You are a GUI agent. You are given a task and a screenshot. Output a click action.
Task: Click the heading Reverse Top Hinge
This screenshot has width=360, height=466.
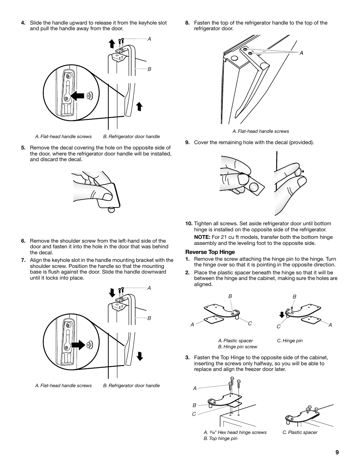(x=210, y=252)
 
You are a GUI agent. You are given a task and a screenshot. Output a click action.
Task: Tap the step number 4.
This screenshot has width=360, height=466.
(x=23, y=23)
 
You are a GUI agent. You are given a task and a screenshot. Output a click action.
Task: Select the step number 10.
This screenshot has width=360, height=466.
(x=189, y=223)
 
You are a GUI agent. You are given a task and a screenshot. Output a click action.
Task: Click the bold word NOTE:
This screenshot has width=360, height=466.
(x=202, y=237)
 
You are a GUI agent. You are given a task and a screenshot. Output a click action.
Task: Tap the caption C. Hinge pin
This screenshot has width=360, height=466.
(x=289, y=341)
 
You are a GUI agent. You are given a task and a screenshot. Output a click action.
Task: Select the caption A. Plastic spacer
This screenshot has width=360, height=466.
(x=235, y=341)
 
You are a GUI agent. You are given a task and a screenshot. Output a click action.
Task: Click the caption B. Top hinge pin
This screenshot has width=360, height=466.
(x=220, y=438)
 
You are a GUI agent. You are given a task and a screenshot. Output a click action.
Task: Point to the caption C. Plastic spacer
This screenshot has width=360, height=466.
(x=300, y=432)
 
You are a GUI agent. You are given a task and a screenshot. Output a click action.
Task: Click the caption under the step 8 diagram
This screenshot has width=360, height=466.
(x=260, y=131)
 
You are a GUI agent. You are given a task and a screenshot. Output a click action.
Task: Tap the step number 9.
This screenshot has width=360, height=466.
(x=187, y=142)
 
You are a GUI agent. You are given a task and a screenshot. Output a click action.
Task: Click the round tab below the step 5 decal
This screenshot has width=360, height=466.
(x=111, y=209)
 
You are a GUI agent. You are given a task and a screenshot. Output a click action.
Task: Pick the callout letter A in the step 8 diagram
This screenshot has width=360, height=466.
(x=302, y=53)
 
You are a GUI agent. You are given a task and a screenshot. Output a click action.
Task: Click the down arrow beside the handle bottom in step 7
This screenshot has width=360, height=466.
(x=140, y=356)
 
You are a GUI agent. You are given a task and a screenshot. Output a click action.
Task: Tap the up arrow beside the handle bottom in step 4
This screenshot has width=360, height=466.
(x=139, y=106)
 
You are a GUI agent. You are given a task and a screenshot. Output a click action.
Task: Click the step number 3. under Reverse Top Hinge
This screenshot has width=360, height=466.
(x=187, y=358)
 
